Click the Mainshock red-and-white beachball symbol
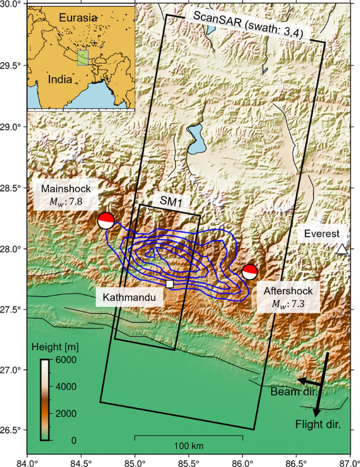click(106, 220)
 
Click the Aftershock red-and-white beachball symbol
click(250, 272)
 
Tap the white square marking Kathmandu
click(170, 283)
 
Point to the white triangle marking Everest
click(342, 249)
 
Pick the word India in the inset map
click(60, 80)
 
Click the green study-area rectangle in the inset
click(83, 58)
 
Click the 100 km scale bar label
click(188, 446)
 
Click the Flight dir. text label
click(318, 424)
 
